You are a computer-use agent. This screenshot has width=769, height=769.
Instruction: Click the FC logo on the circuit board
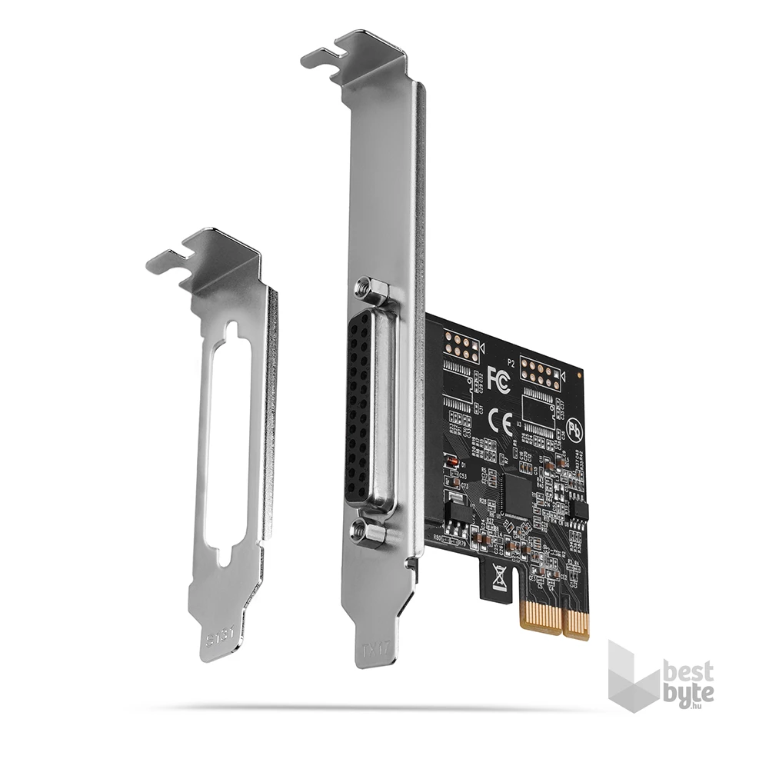(x=498, y=378)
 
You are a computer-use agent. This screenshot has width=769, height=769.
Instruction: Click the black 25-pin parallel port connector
(x=363, y=411)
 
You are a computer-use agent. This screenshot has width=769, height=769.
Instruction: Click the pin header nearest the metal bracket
(x=461, y=348)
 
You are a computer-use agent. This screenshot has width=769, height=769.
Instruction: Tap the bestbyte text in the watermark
(x=688, y=682)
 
